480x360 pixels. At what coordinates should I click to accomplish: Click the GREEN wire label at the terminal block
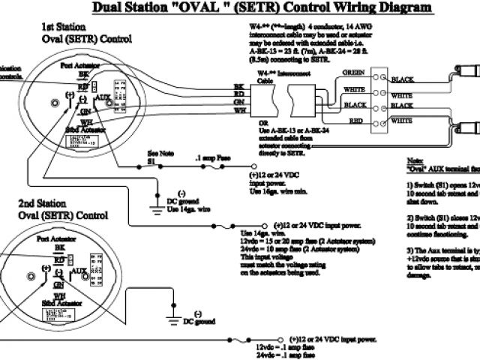click(354, 72)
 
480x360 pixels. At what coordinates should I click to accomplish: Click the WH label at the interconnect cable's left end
click(239, 110)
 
